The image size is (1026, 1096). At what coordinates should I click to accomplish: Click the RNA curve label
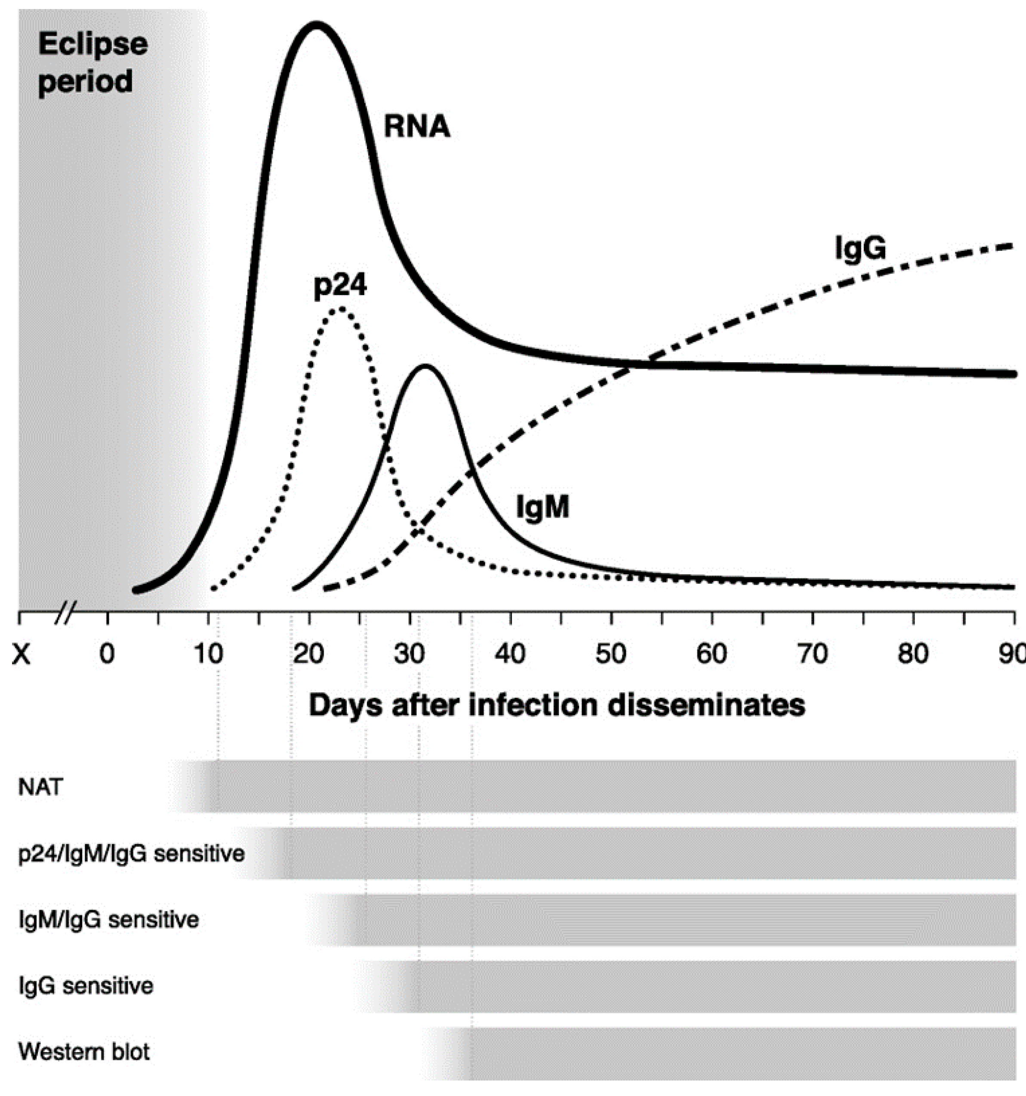point(417,127)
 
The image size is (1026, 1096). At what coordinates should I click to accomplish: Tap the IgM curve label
point(542,507)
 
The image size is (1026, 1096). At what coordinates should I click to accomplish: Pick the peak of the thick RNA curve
point(316,25)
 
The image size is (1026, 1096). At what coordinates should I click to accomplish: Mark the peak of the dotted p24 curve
point(341,309)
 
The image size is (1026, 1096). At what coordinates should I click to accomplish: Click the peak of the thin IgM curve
point(425,366)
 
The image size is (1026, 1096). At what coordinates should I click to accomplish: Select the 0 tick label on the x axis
point(107,654)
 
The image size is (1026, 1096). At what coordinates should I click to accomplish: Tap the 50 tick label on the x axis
point(611,654)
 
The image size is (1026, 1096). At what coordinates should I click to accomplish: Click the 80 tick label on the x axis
point(914,654)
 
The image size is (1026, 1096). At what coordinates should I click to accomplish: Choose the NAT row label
point(41,787)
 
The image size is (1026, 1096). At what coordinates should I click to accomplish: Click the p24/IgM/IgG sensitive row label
point(131,853)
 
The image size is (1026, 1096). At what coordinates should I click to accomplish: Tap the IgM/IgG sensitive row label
point(108,920)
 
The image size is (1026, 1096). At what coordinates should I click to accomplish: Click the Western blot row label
point(84,1051)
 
